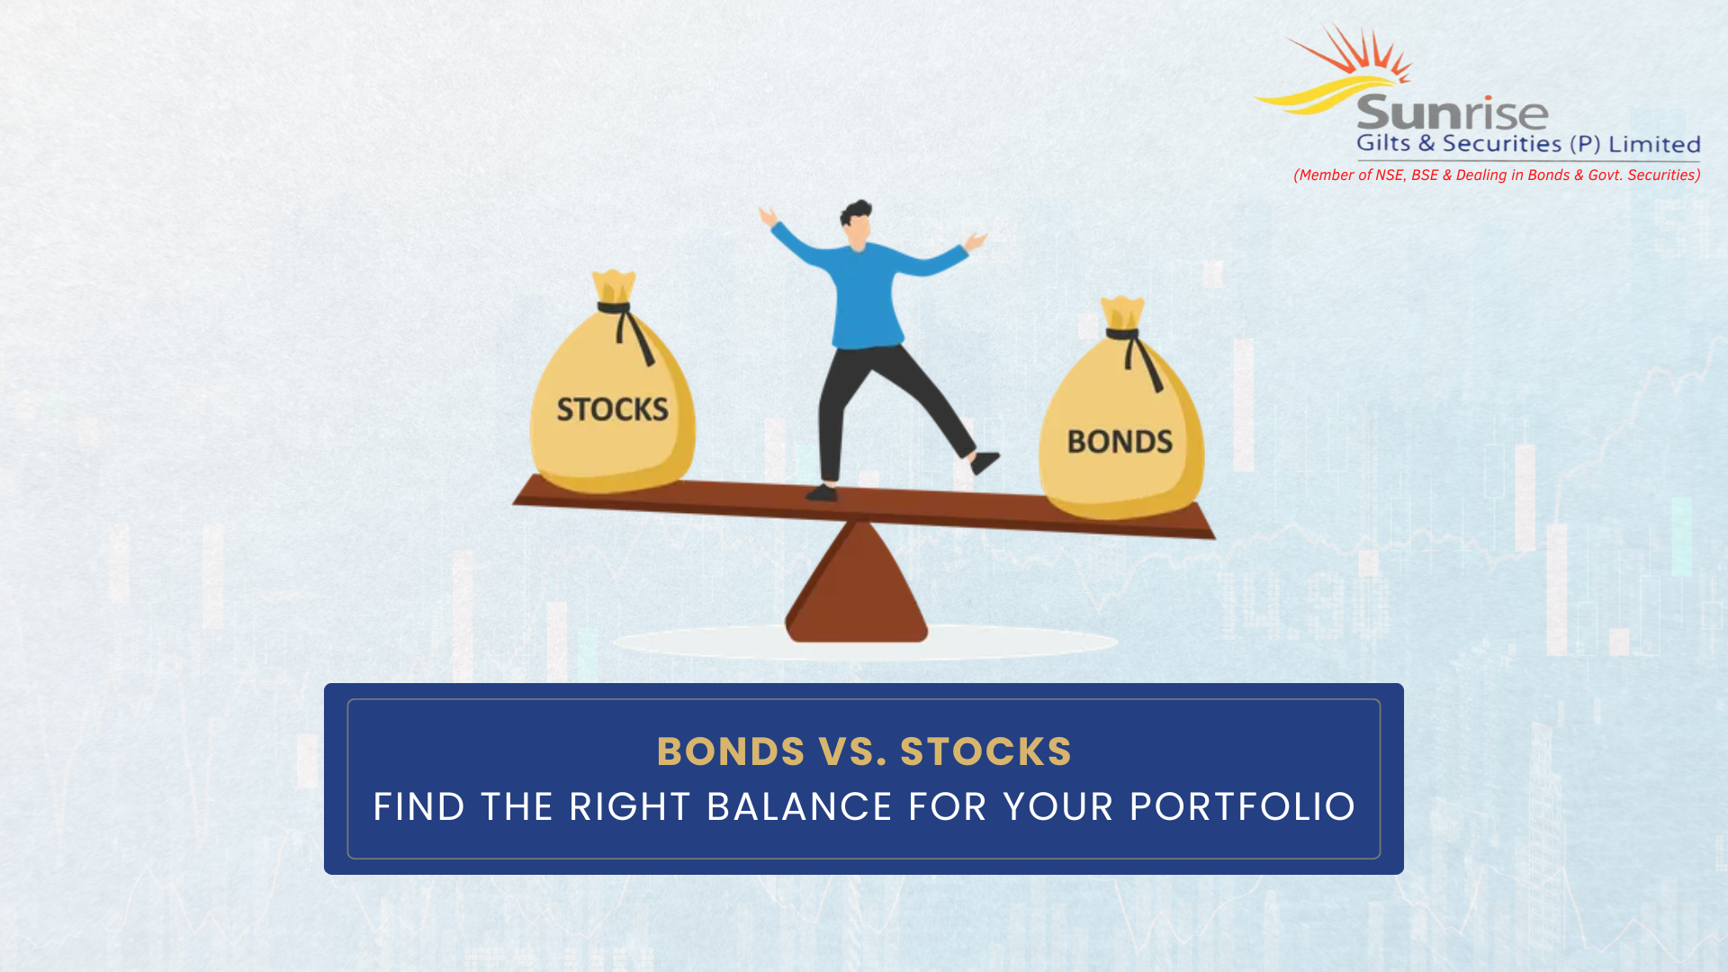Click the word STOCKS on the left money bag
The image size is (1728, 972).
click(x=612, y=409)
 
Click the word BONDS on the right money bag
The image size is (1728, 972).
click(x=1120, y=441)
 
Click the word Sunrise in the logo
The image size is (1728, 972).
click(x=1452, y=113)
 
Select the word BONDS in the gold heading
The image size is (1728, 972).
click(x=730, y=751)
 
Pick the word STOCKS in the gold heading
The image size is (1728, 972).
click(x=985, y=751)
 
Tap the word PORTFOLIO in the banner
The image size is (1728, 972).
click(x=1242, y=806)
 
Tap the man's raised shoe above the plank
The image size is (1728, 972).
click(x=985, y=463)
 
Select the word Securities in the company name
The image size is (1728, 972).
click(x=1501, y=144)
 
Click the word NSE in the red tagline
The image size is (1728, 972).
click(x=1389, y=175)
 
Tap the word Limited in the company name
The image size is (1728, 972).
click(x=1654, y=144)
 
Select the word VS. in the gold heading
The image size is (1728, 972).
click(x=852, y=751)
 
